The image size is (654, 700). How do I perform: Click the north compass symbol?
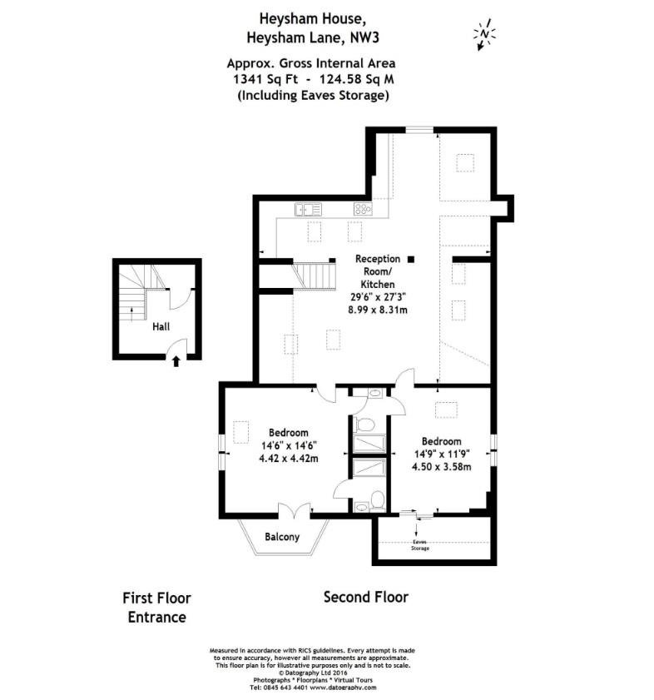point(484,34)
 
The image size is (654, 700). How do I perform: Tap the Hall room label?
point(161,327)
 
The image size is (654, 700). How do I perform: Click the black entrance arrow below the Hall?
point(176,361)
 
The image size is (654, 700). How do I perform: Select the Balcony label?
point(282,537)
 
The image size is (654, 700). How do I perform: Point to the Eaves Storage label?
point(420,544)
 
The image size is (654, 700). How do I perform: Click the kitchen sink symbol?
point(308,209)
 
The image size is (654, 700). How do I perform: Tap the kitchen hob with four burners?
point(363,209)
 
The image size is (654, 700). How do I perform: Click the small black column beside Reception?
point(411,259)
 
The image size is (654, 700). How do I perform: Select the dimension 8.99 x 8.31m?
point(378,310)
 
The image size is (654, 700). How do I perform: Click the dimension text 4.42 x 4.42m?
point(289,458)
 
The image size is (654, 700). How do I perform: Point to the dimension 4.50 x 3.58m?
point(442,466)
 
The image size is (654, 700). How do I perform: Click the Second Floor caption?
point(366,597)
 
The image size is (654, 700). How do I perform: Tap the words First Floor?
point(156,598)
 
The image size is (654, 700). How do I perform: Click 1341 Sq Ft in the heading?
point(265,79)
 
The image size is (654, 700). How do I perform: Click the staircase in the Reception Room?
point(315,276)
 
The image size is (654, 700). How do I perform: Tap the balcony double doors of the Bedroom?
point(295,511)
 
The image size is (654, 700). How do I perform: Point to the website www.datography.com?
point(344,688)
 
